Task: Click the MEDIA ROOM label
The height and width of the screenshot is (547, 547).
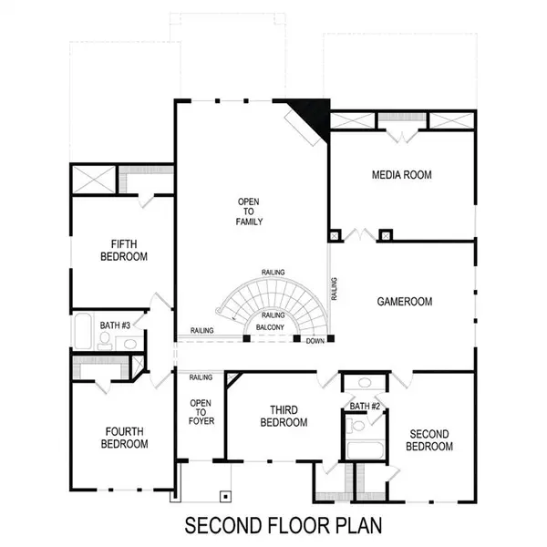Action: (x=401, y=174)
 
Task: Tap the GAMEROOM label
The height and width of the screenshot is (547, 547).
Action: (x=405, y=302)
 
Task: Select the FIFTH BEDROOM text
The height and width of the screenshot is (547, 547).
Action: (x=124, y=250)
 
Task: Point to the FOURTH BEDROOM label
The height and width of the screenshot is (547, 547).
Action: (x=124, y=438)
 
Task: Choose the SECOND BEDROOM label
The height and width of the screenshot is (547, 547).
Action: (x=430, y=440)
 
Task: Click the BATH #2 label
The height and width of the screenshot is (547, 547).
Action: (x=365, y=406)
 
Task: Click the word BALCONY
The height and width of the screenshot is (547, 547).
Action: (x=270, y=327)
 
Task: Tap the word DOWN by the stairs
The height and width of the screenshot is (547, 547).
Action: (x=315, y=341)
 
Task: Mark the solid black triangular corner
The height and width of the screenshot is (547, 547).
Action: (x=313, y=115)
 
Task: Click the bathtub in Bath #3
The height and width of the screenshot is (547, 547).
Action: (x=83, y=333)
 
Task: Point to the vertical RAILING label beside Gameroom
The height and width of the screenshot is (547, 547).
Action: (x=335, y=289)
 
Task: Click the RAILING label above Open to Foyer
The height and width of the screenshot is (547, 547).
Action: (x=201, y=377)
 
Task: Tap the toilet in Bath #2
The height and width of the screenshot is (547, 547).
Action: (x=358, y=425)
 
